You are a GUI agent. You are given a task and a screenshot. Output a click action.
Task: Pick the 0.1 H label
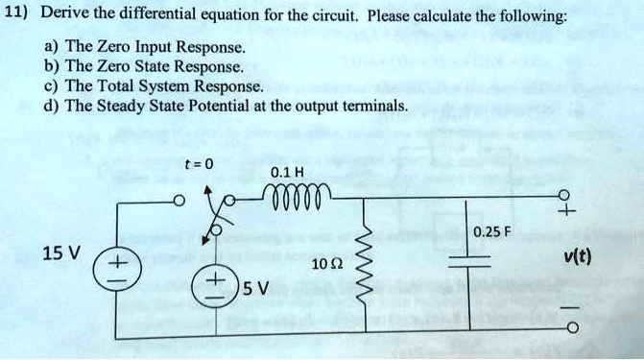pyautogui.click(x=288, y=173)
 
